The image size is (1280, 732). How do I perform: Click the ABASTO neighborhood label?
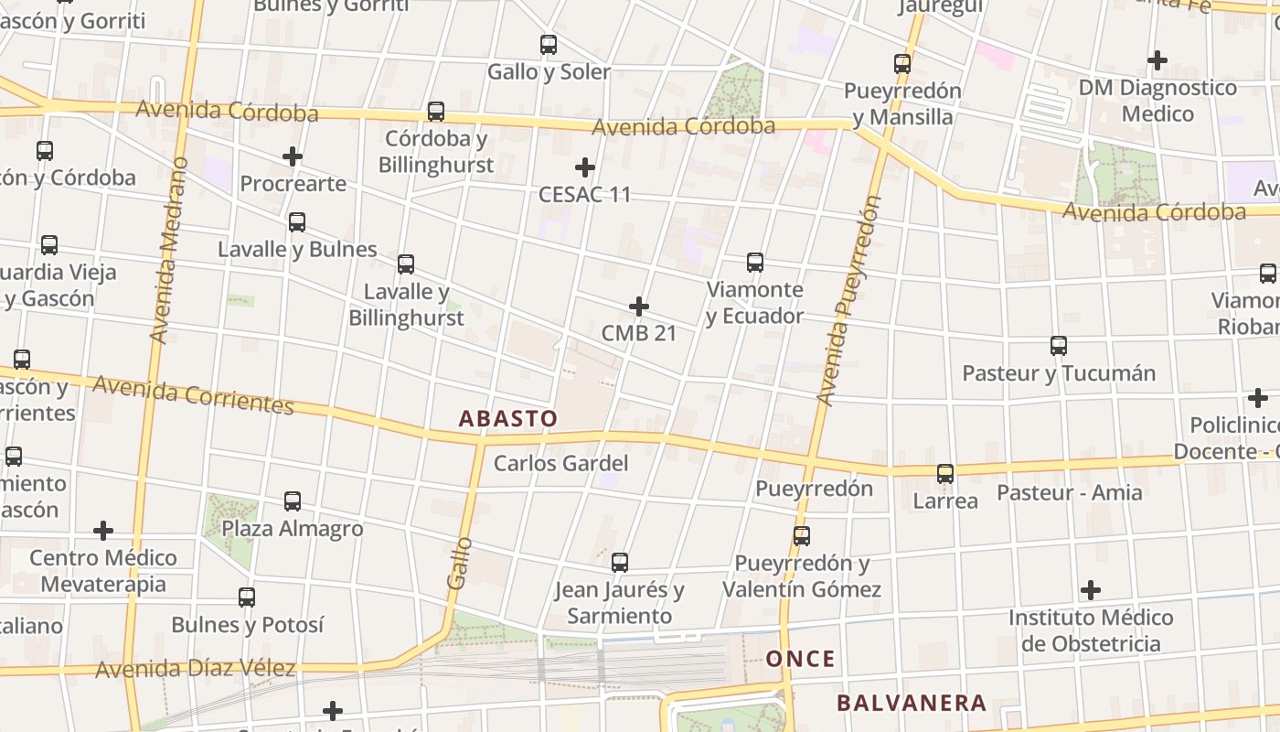pyautogui.click(x=507, y=419)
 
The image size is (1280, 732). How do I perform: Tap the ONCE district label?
pyautogui.click(x=800, y=659)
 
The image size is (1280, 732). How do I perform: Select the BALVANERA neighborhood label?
pyautogui.click(x=912, y=703)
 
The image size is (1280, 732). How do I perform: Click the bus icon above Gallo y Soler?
pyautogui.click(x=549, y=44)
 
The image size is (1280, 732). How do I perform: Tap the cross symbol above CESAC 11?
pyautogui.click(x=585, y=167)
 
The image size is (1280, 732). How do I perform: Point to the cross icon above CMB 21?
pyautogui.click(x=639, y=307)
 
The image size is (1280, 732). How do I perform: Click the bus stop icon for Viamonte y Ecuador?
pyautogui.click(x=755, y=263)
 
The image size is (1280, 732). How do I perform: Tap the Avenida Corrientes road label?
pyautogui.click(x=193, y=394)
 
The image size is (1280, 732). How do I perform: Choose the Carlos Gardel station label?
pyautogui.click(x=560, y=463)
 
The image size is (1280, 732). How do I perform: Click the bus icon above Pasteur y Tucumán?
pyautogui.click(x=1059, y=346)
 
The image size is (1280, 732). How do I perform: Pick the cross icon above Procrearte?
pyautogui.click(x=293, y=156)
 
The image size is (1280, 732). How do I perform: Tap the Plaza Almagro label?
pyautogui.click(x=293, y=529)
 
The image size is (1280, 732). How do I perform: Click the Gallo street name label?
pyautogui.click(x=459, y=563)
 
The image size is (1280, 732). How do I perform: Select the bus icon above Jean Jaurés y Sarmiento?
pyautogui.click(x=620, y=563)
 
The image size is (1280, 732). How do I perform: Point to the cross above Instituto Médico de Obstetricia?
pyautogui.click(x=1091, y=590)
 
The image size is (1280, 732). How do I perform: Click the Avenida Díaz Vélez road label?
pyautogui.click(x=196, y=669)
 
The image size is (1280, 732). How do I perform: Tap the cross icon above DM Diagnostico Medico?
pyautogui.click(x=1157, y=60)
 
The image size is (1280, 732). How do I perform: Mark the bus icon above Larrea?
pyautogui.click(x=945, y=474)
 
